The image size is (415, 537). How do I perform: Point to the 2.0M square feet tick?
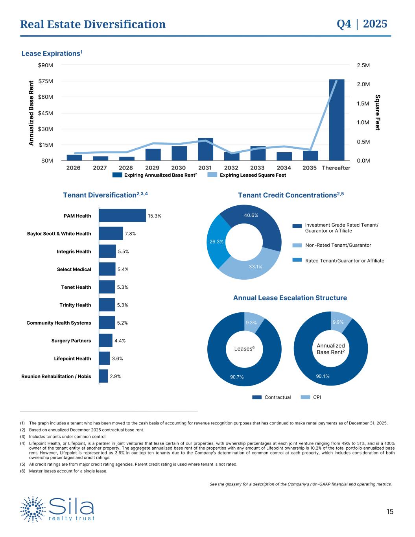coord(363,84)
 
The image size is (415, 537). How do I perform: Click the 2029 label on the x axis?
coord(152,168)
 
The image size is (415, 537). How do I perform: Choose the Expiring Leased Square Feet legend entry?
coord(247,175)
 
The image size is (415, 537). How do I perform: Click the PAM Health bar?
coord(122,216)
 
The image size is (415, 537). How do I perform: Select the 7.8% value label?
coord(130,234)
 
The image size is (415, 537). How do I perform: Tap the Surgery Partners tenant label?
coord(71,341)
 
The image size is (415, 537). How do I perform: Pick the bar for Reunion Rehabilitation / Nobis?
coord(103,376)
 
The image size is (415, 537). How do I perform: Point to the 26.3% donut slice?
coord(216,242)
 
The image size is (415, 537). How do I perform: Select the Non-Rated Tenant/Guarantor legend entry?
coord(338,245)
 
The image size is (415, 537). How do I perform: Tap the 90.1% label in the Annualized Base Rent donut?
coord(323,376)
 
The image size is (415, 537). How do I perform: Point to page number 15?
coord(389,512)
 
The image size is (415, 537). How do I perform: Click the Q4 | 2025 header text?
coord(362,24)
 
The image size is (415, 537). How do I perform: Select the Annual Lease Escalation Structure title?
coord(290,298)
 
